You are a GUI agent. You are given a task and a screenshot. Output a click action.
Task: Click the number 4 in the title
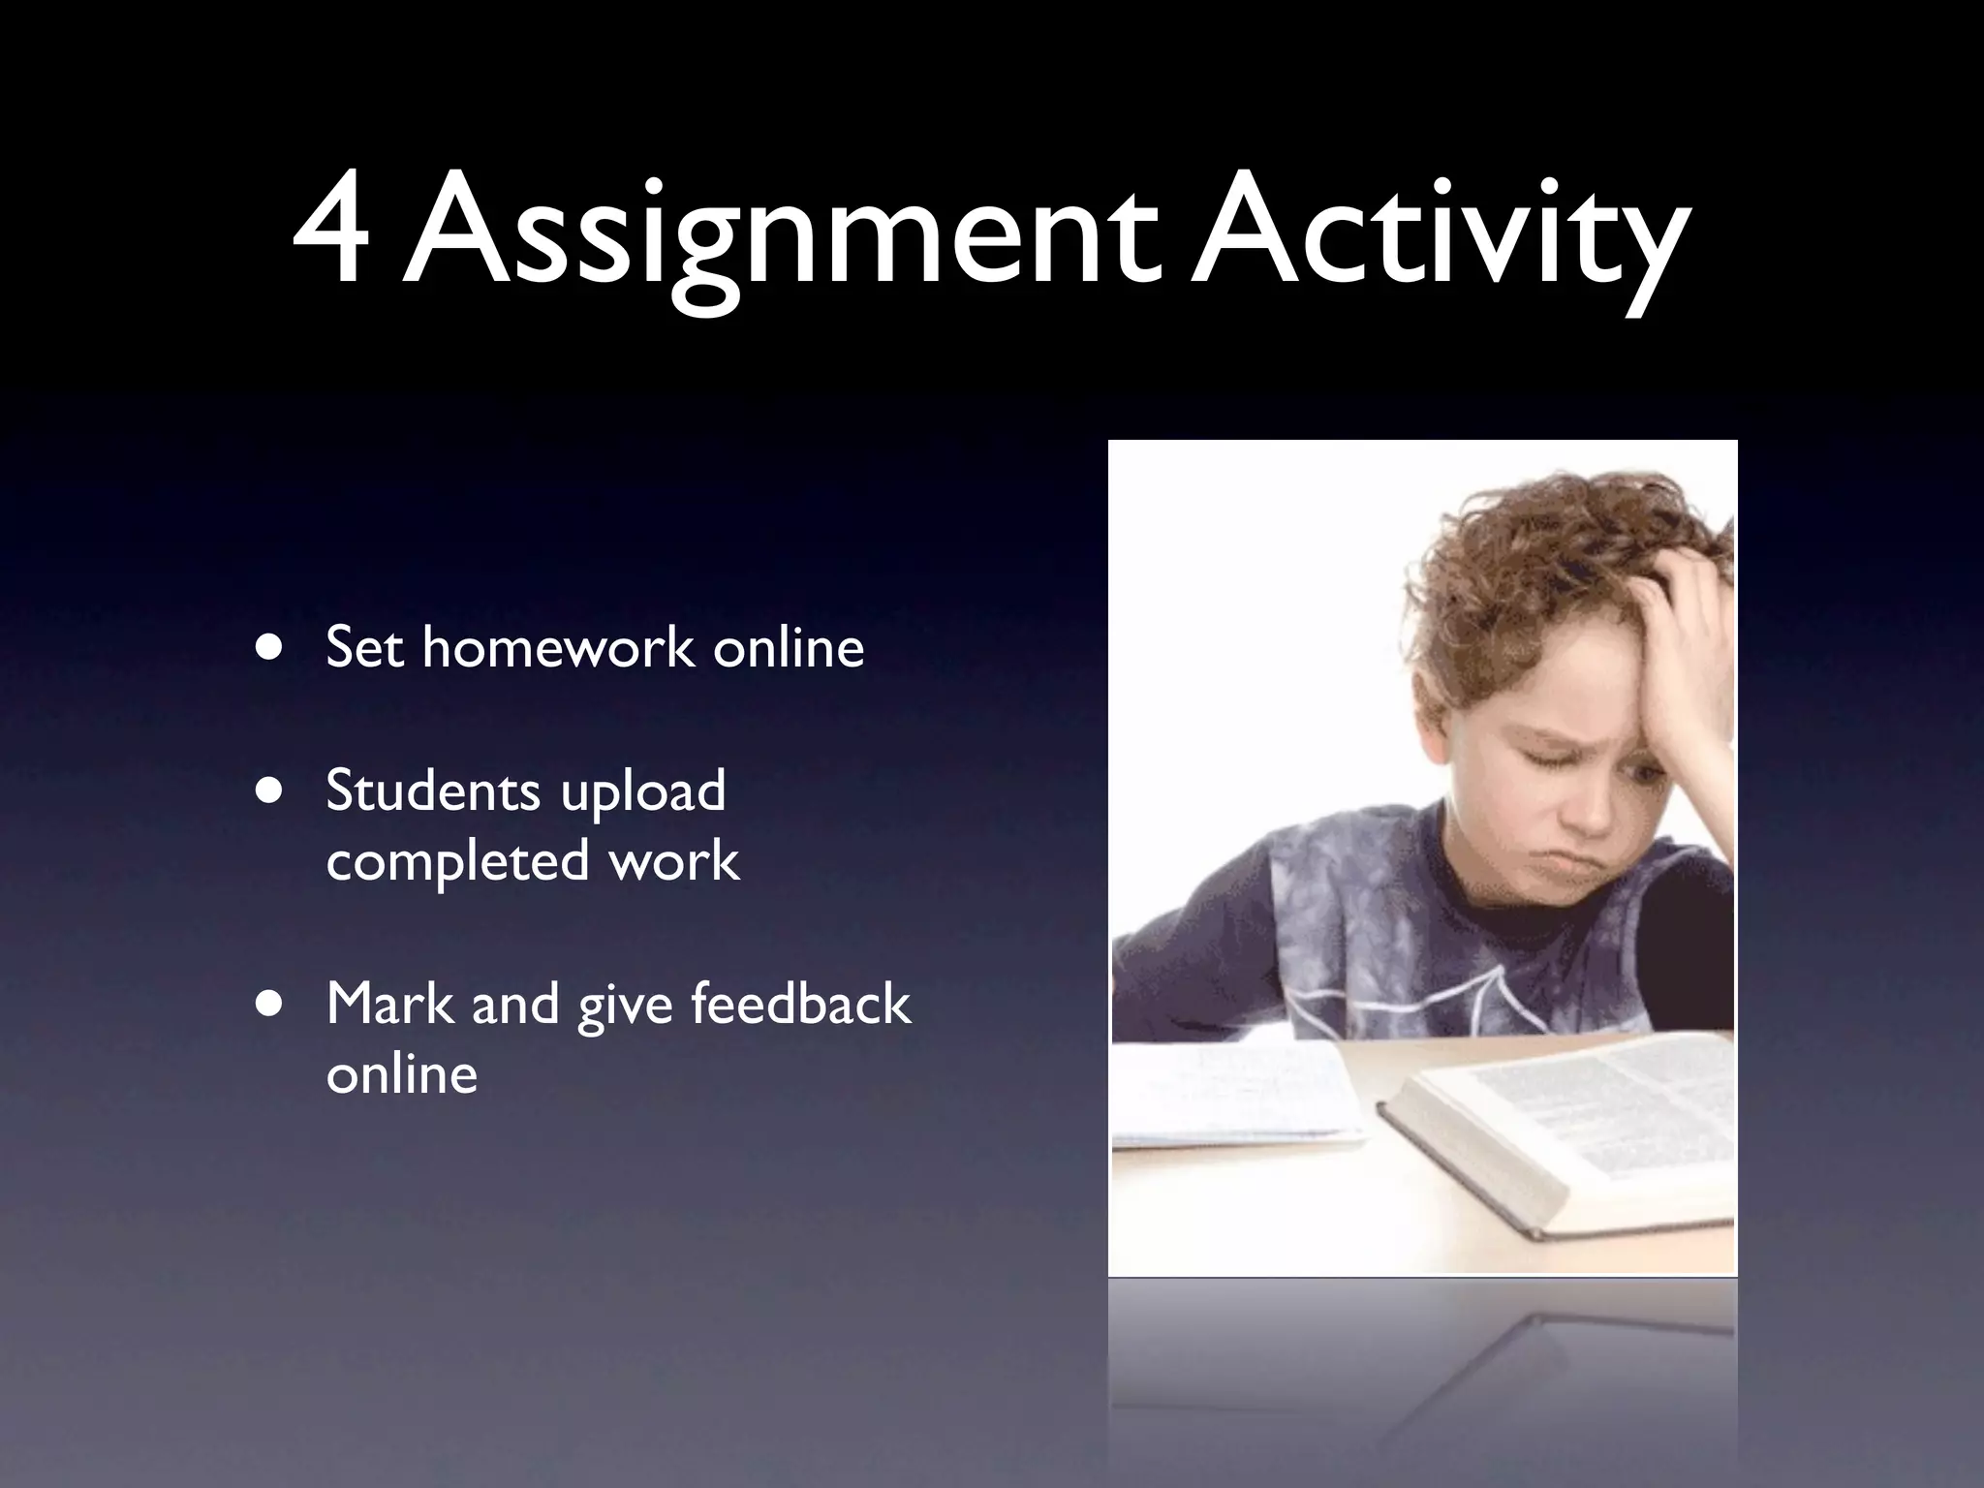pos(332,237)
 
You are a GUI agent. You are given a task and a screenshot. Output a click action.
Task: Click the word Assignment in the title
pos(781,242)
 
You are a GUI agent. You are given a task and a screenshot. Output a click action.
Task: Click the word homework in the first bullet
pos(558,646)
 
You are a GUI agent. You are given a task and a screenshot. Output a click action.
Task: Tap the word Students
pos(432,790)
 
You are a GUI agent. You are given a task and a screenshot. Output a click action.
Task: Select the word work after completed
pos(674,860)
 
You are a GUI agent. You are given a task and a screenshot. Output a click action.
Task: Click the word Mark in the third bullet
pos(389,1004)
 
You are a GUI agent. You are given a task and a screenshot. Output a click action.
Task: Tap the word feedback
pos(800,1004)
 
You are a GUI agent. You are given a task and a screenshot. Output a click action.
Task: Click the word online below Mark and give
pos(402,1074)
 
